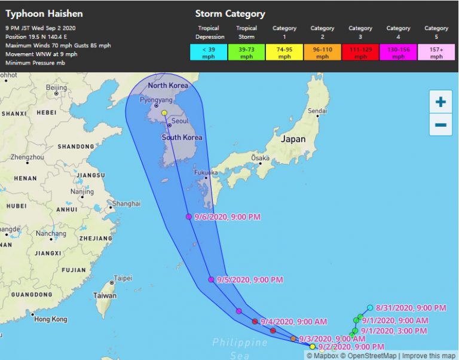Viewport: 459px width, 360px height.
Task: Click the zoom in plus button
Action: [440, 102]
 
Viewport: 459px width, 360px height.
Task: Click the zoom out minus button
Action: [440, 124]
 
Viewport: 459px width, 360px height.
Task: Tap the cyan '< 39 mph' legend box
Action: [208, 53]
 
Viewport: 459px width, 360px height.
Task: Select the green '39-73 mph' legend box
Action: [246, 53]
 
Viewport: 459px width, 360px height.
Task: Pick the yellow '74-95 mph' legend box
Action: [284, 53]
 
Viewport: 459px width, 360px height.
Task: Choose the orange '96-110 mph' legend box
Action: [322, 53]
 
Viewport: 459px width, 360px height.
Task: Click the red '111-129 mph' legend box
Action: [360, 53]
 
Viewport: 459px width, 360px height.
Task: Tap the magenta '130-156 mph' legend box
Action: [398, 53]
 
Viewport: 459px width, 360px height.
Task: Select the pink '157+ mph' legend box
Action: [436, 53]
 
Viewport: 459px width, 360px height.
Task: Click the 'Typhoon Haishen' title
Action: [44, 13]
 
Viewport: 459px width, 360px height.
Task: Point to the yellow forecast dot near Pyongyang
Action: [164, 112]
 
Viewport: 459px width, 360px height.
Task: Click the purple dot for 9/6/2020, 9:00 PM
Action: [189, 216]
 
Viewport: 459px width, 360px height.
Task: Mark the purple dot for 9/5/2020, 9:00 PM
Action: [211, 279]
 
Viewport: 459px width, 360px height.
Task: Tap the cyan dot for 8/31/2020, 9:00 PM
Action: [371, 307]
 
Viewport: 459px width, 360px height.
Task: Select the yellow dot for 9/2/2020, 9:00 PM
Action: [313, 346]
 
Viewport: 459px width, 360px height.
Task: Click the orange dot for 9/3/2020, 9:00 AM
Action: [293, 338]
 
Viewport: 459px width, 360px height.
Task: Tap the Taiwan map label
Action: [105, 295]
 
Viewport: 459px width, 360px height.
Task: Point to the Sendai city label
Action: [317, 111]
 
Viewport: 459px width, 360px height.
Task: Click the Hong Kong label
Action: [51, 319]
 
